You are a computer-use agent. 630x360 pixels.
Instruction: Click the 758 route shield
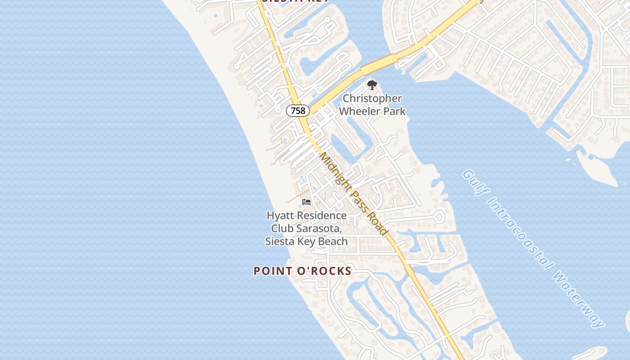297,110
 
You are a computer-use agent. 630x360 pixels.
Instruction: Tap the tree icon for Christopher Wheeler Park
372,85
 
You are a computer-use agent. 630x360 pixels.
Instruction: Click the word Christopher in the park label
372,99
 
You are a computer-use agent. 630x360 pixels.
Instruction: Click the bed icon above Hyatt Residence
306,202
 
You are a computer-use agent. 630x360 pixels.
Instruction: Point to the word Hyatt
279,216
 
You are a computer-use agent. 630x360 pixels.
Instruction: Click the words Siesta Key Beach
306,241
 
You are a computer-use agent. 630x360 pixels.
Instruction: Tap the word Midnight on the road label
334,169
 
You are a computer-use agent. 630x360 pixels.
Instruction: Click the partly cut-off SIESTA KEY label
295,1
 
